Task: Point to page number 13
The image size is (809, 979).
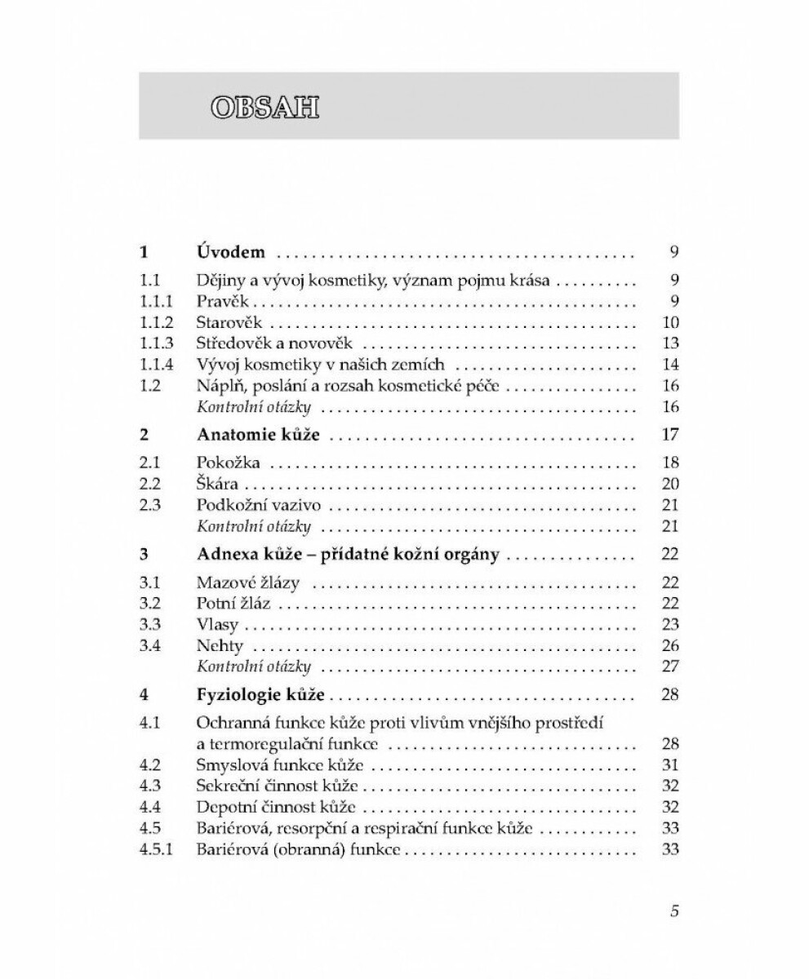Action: (672, 343)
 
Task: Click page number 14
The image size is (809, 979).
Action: (672, 365)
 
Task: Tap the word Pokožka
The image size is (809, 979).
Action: (229, 463)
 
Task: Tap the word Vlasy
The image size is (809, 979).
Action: (218, 625)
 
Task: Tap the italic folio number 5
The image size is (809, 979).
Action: (674, 911)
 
